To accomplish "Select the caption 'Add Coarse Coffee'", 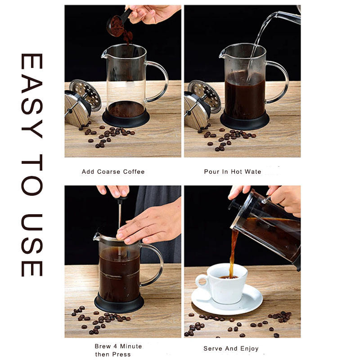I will coord(113,171).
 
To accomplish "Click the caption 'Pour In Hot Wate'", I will coord(233,171).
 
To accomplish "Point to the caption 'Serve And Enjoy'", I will coord(231,348).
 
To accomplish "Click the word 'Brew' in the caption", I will coord(102,346).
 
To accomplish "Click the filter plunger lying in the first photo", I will coord(79,101).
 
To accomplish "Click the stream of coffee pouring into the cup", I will coord(234,252).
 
